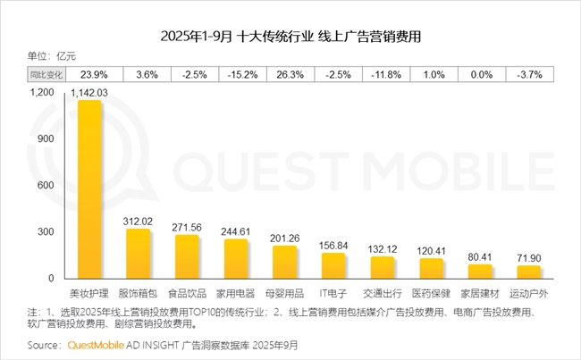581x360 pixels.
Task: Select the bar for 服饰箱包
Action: pos(138,254)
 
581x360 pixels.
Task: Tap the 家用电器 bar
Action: pos(236,259)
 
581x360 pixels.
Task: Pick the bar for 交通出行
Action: pos(383,268)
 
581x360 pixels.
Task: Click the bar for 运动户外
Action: pos(529,272)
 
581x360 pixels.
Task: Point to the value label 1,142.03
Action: pos(89,91)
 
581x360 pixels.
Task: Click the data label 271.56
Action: pos(187,227)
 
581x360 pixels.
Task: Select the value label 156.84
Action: pos(333,245)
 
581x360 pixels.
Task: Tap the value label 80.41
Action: pos(480,256)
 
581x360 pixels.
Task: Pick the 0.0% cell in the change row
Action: pos(480,74)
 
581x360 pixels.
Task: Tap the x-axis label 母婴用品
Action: pos(284,292)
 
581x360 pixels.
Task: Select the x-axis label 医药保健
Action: pos(431,292)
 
